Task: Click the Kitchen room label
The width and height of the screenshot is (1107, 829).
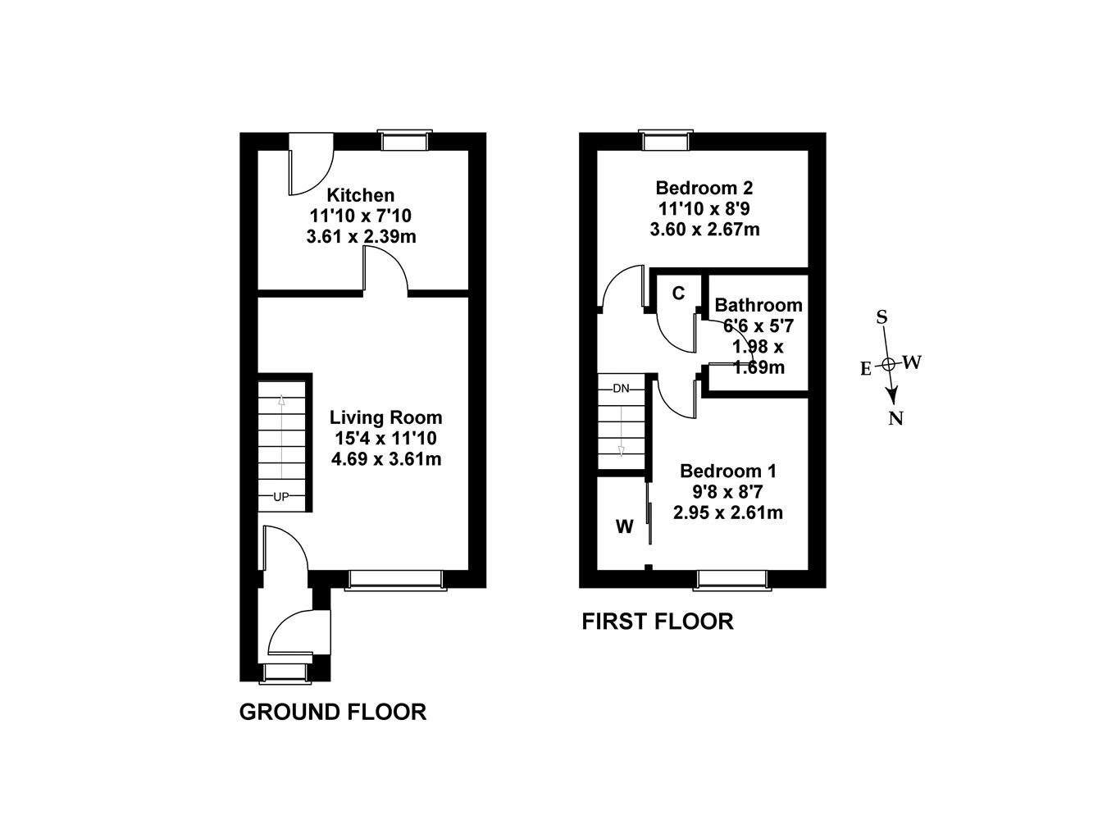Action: [361, 195]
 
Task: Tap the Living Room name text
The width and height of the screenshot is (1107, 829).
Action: [385, 417]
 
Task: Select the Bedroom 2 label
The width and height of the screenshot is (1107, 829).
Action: [704, 188]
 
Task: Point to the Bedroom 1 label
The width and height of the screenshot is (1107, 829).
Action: [727, 471]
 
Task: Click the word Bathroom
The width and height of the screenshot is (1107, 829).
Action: [758, 305]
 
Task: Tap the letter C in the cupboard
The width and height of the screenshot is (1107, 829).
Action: [678, 293]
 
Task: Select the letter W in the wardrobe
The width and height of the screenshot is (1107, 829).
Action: [625, 527]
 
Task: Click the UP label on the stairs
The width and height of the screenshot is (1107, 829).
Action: [281, 497]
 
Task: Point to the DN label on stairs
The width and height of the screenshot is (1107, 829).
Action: [621, 388]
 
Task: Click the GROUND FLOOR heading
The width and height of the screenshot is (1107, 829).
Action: [332, 712]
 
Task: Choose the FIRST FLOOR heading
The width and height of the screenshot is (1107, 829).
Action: [657, 622]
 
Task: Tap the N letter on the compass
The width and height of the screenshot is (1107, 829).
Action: [896, 419]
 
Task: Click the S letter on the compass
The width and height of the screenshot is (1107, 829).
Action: [882, 317]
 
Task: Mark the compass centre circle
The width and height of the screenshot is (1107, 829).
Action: [888, 363]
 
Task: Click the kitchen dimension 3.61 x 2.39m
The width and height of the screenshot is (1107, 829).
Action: [361, 237]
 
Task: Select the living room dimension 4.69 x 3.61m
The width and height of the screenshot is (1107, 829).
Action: [385, 459]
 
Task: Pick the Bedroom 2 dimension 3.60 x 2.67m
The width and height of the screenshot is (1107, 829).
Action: [704, 230]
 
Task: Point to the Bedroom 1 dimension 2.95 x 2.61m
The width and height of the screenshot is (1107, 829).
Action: [727, 513]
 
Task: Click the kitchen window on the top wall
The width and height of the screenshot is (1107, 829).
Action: [405, 140]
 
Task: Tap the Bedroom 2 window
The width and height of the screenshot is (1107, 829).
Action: [666, 140]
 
